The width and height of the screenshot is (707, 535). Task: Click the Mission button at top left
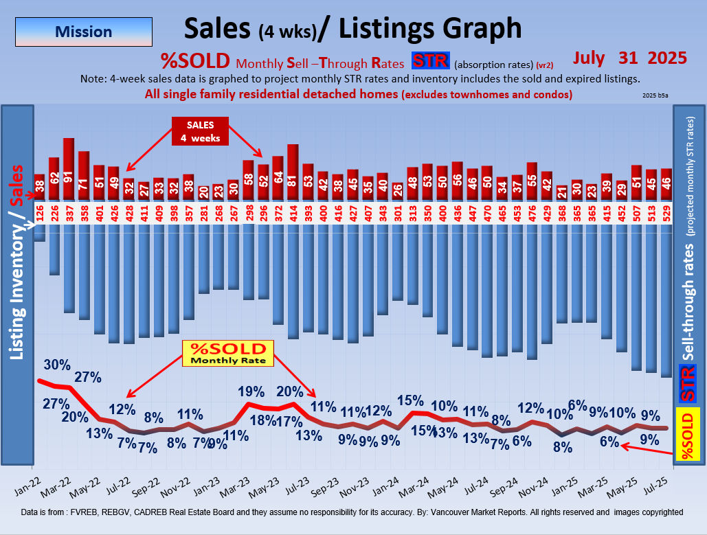83,32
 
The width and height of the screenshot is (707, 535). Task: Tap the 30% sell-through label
57,364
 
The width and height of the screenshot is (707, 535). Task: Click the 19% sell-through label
251,391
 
